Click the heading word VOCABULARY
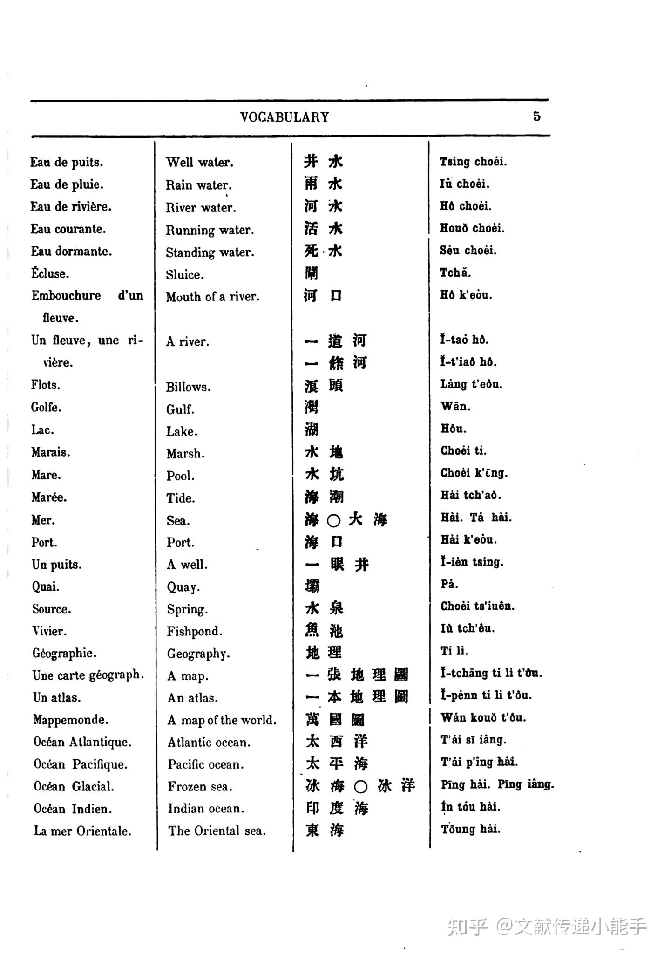[x=284, y=117]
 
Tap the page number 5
[x=537, y=116]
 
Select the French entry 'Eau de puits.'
[x=67, y=163]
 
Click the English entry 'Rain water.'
[x=199, y=185]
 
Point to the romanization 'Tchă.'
[x=455, y=273]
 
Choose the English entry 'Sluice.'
[x=185, y=275]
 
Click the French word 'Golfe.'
[x=46, y=408]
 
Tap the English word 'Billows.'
[x=188, y=387]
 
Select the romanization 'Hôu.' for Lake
[x=454, y=429]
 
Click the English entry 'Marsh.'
[x=186, y=454]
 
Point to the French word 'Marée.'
[x=49, y=497]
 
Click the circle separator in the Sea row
[x=333, y=520]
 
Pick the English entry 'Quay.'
[x=183, y=587]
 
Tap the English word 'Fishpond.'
[x=195, y=632]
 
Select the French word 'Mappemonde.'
[x=71, y=720]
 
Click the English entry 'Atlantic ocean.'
[x=209, y=743]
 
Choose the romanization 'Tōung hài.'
[x=471, y=830]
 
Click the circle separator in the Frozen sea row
[x=361, y=787]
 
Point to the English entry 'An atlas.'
[x=193, y=698]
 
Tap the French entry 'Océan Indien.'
[x=73, y=809]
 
